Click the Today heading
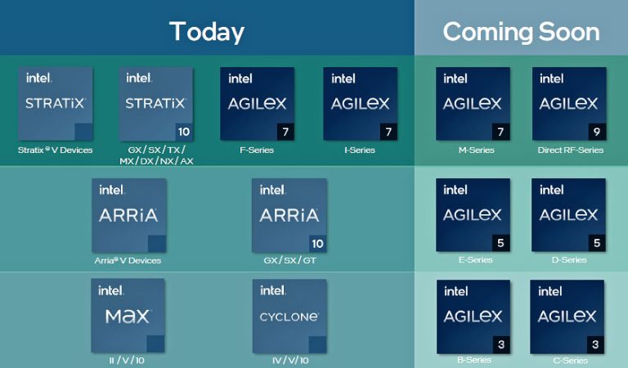tap(207, 31)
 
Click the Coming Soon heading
tap(521, 31)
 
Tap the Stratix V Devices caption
tap(56, 150)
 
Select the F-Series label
tap(257, 150)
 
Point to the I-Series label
tap(360, 150)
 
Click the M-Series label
tap(473, 150)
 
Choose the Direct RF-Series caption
tap(570, 150)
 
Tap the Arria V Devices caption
tap(128, 261)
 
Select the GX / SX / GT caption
tap(289, 261)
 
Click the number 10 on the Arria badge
tap(318, 243)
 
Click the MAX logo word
tap(128, 316)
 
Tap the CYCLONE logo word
tap(289, 316)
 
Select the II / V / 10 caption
tap(128, 361)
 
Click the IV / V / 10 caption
tap(289, 361)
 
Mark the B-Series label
tap(473, 361)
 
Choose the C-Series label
tap(569, 361)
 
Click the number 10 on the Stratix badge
tap(183, 132)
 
